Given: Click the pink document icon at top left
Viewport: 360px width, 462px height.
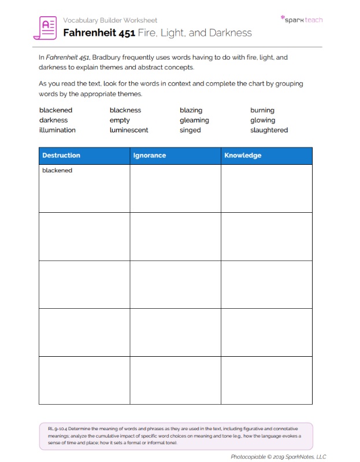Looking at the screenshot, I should tap(48, 27).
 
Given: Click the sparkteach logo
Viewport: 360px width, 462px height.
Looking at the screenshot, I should tap(302, 19).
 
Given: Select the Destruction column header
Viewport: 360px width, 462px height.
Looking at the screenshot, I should tap(61, 156).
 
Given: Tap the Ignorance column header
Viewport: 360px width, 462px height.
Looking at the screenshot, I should tap(150, 156).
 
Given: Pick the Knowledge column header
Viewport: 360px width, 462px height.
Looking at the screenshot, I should tap(243, 156).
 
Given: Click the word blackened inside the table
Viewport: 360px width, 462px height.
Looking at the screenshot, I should tap(57, 171).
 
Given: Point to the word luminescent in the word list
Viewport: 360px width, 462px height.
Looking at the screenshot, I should tap(129, 130).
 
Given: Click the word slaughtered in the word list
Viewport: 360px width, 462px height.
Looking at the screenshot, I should tap(269, 130).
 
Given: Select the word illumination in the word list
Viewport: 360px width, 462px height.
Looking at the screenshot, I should tap(57, 130).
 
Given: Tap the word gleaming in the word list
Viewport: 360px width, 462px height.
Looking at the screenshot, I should tap(194, 120).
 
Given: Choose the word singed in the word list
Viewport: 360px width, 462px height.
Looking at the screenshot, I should tap(190, 130).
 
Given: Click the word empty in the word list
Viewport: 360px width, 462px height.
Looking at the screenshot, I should tap(120, 120).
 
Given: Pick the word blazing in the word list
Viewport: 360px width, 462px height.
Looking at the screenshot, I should tap(191, 110).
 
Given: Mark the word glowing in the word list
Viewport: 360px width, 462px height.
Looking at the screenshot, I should tap(262, 120).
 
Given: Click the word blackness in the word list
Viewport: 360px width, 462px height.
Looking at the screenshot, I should tap(125, 110).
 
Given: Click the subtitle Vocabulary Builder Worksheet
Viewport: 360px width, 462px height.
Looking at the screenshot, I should tap(110, 20).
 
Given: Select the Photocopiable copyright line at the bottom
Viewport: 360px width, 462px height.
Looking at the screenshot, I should tap(279, 456).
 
